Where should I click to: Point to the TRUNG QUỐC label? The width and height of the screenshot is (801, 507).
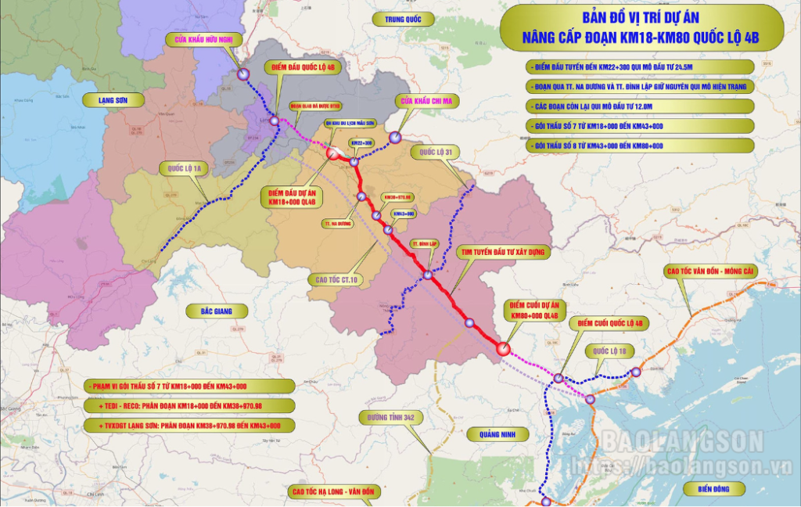397,17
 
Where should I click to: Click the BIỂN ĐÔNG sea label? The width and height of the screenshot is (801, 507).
709,489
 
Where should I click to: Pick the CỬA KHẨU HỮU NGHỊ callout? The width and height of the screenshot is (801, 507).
205,40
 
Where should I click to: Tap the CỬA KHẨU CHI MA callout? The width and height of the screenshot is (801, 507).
426,100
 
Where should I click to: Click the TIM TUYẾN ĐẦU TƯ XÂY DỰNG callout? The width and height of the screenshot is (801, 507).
505,252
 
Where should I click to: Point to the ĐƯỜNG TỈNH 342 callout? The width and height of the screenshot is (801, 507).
392,418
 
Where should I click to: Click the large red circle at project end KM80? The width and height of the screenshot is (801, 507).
503,350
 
